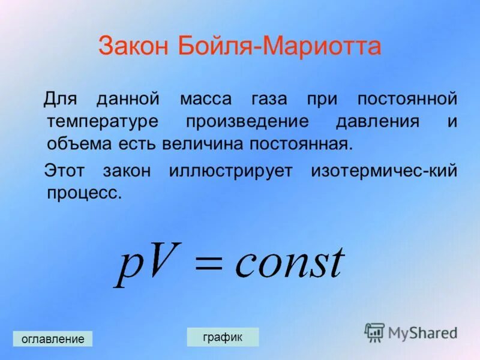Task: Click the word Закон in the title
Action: pos(133,46)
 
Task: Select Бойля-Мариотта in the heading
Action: pos(279,46)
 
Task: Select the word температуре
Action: pos(103,121)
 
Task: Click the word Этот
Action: pos(64,171)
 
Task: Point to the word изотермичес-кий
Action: pos(384,171)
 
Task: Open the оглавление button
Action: pos(53,339)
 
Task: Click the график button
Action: pos(223,337)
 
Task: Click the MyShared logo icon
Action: pos(375,332)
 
